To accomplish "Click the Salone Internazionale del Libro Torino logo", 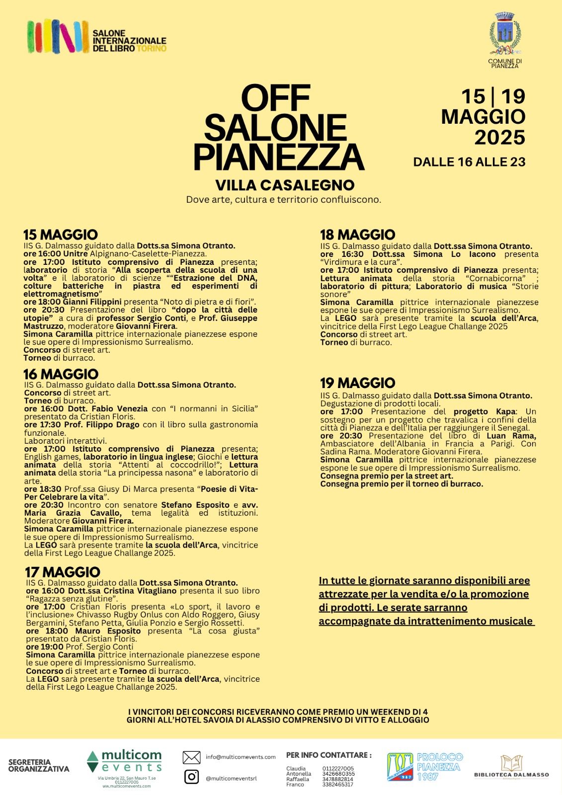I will (97, 36).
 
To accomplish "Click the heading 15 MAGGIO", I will (61, 235).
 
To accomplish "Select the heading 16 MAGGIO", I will (61, 374).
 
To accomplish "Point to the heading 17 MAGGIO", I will (63, 572).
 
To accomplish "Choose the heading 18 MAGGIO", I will (358, 235).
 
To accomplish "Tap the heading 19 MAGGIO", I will (358, 383).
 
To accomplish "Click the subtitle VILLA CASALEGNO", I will (285, 185).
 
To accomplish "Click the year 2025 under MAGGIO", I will (499, 138).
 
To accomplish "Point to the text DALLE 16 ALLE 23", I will (469, 162).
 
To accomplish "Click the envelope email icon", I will (191, 757).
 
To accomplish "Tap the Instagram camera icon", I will (191, 777).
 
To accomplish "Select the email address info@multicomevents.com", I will (241, 757).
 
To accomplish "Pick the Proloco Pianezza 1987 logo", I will (425, 767).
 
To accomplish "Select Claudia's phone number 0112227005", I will (338, 769).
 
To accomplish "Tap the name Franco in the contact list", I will (295, 785).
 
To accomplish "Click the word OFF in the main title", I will (276, 98).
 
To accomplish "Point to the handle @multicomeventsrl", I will (231, 779).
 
